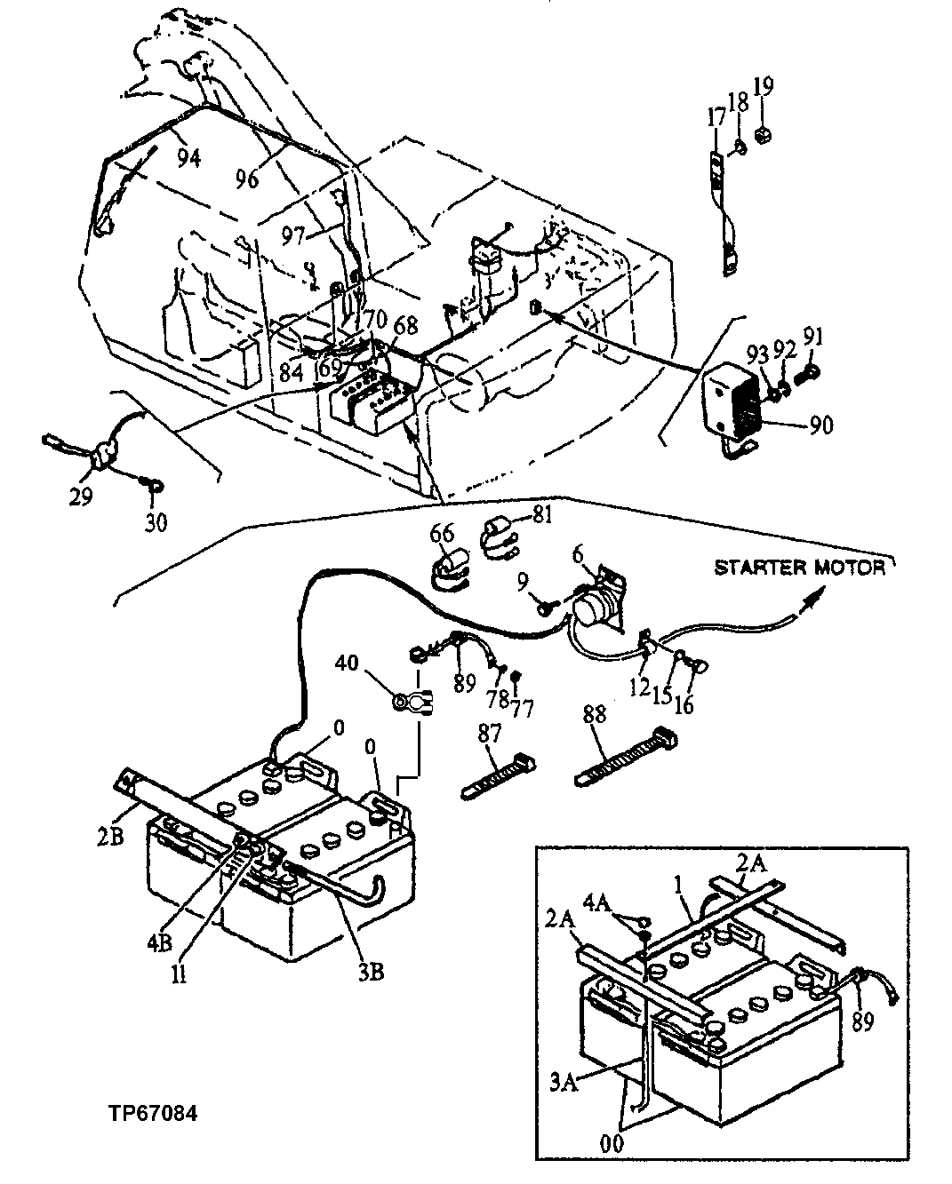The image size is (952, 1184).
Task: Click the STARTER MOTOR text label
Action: point(799,567)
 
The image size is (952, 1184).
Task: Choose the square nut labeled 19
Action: point(761,137)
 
